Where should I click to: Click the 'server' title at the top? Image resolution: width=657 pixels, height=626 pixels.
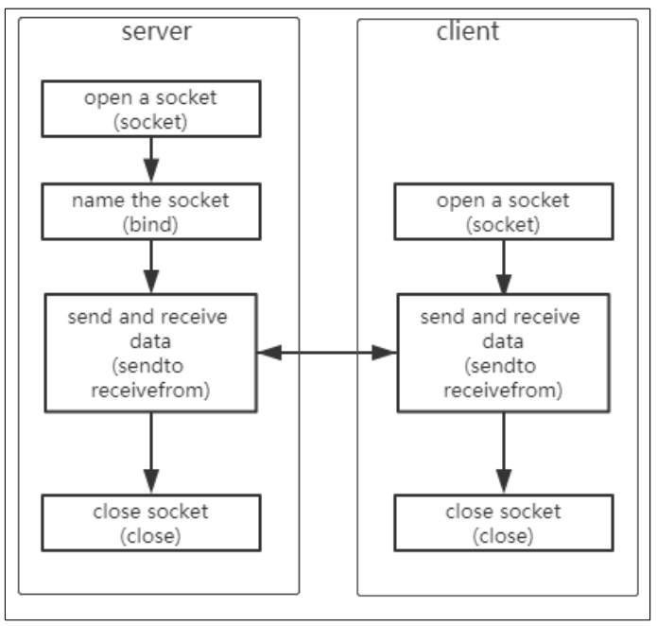click(157, 31)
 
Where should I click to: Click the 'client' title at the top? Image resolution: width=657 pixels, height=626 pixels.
click(468, 31)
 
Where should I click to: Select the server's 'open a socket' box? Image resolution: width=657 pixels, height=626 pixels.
click(151, 109)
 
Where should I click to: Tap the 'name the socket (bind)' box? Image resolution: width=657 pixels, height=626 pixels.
click(151, 212)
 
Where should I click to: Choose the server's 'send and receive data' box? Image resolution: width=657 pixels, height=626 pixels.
click(151, 353)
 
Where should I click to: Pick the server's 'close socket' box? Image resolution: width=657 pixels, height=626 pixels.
click(151, 522)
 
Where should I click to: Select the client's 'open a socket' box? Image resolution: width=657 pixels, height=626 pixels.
click(503, 212)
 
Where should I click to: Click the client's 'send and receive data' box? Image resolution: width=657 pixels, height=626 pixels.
click(503, 353)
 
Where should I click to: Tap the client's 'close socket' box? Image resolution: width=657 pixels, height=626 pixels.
click(503, 522)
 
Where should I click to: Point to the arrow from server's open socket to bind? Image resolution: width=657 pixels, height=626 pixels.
click(151, 159)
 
